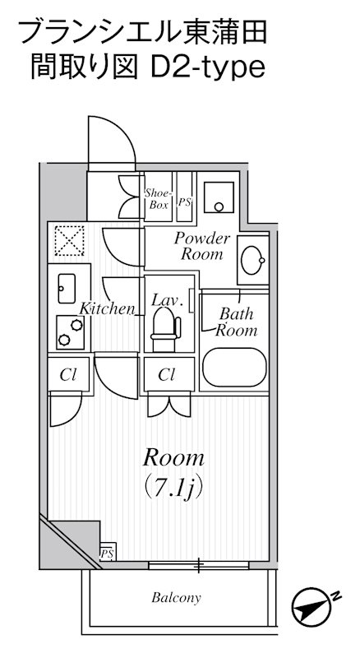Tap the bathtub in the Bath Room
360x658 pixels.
[x=234, y=367]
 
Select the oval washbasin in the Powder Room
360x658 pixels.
[x=252, y=260]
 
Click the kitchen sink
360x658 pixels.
[x=67, y=289]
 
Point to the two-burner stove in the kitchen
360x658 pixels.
[x=70, y=332]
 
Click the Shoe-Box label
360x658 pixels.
[x=158, y=199]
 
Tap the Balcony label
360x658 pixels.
[x=176, y=597]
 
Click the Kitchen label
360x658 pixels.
[x=107, y=309]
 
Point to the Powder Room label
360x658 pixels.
[x=202, y=246]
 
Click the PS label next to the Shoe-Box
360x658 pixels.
[x=185, y=202]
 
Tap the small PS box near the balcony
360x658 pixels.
[x=108, y=553]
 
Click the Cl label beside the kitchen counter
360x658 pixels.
[x=67, y=375]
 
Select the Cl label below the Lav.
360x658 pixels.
[x=167, y=375]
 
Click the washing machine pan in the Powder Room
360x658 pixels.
[x=218, y=197]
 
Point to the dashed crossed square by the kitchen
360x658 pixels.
[x=69, y=240]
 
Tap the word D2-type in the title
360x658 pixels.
[x=208, y=68]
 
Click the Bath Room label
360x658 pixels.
[x=236, y=322]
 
